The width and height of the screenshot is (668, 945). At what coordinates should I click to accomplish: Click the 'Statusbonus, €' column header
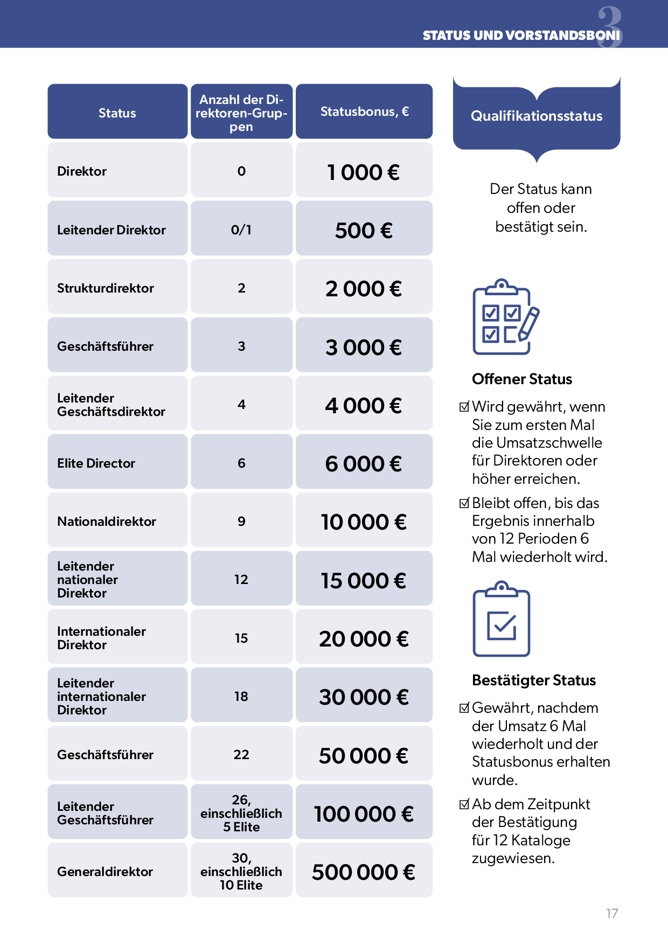[x=364, y=112]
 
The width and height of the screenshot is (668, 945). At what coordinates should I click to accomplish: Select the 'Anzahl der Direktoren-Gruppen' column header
[x=241, y=113]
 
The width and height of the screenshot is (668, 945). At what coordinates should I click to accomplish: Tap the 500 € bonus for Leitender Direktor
[x=364, y=230]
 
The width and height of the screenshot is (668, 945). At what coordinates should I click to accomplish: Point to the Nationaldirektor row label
[x=107, y=522]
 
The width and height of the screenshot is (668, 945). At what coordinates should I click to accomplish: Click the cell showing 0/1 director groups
[x=241, y=230]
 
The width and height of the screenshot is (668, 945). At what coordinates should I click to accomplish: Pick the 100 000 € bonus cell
[x=364, y=814]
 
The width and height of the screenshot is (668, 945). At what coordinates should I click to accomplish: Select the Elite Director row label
[x=96, y=463]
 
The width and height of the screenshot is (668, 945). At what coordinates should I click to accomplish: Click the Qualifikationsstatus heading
[x=537, y=116]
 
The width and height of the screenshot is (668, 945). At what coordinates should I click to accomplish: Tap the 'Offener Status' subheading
[x=522, y=379]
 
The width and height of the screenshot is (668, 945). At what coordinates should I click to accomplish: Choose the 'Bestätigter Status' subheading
[x=534, y=680]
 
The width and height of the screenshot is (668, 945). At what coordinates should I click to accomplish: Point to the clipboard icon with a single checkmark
[x=502, y=620]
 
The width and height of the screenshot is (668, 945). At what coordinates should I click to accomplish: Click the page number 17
[x=612, y=913]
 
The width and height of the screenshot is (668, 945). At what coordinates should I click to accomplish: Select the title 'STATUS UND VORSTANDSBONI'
[x=521, y=36]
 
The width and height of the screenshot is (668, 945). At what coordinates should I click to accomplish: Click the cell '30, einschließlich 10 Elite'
[x=241, y=871]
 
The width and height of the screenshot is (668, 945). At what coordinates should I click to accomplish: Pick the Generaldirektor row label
[x=105, y=872]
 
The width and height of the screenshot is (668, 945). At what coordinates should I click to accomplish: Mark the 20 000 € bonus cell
[x=364, y=638]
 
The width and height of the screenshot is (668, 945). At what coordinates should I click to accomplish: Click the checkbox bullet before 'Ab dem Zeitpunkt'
[x=464, y=804]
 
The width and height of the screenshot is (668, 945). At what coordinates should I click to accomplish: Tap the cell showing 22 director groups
[x=241, y=755]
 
